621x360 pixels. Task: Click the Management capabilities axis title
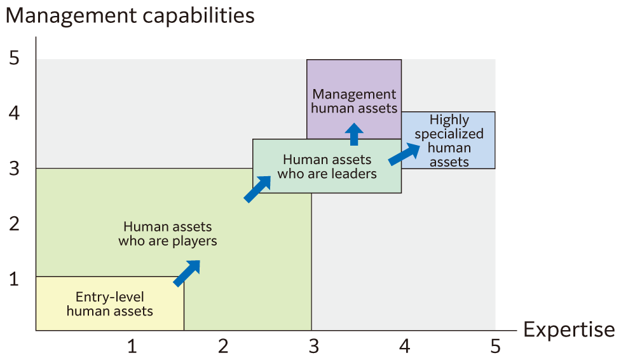pyautogui.click(x=130, y=16)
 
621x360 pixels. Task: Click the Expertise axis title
pyautogui.click(x=568, y=330)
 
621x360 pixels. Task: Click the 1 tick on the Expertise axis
pyautogui.click(x=132, y=347)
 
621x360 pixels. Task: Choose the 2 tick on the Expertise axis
pyautogui.click(x=223, y=347)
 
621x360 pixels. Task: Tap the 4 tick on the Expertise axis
pyautogui.click(x=405, y=347)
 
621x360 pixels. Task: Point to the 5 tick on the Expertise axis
pyautogui.click(x=495, y=347)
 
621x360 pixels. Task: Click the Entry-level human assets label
pyautogui.click(x=110, y=304)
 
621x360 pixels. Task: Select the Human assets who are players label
pyautogui.click(x=168, y=233)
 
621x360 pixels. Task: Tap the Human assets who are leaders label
pyautogui.click(x=327, y=166)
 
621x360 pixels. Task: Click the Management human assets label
pyautogui.click(x=354, y=101)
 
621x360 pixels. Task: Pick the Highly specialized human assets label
pyautogui.click(x=449, y=141)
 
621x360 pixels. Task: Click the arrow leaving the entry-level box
pyautogui.click(x=187, y=273)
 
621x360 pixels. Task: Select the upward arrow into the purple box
pyautogui.click(x=354, y=134)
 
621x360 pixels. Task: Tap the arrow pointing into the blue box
pyautogui.click(x=404, y=154)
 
